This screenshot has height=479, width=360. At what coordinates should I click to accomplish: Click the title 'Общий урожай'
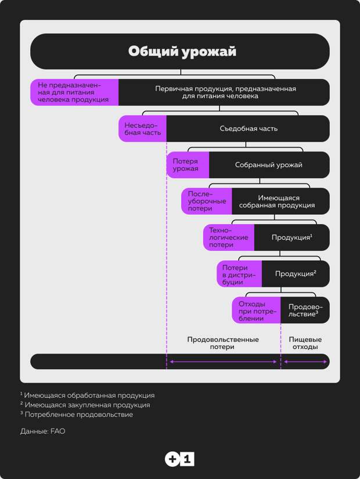pyautogui.click(x=182, y=51)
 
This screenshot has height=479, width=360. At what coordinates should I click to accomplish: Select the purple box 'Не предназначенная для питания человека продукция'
pyautogui.click(x=74, y=92)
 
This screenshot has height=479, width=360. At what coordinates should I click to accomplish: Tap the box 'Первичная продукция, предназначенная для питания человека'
pyautogui.click(x=224, y=92)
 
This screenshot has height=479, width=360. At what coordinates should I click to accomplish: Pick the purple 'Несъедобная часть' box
pyautogui.click(x=142, y=129)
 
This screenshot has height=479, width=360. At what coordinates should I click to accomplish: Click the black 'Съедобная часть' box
pyautogui.click(x=248, y=129)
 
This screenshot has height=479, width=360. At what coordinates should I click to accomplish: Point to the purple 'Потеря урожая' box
pyautogui.click(x=188, y=165)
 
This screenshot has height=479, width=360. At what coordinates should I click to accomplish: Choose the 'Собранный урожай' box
pyautogui.click(x=269, y=165)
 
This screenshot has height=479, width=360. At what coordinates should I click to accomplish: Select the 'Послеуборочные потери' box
pyautogui.click(x=207, y=201)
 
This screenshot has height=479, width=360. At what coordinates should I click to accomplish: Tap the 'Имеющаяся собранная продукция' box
pyautogui.click(x=280, y=201)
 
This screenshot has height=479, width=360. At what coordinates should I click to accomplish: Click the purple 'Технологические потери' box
pyautogui.click(x=229, y=237)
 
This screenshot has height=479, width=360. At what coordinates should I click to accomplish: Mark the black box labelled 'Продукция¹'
pyautogui.click(x=292, y=237)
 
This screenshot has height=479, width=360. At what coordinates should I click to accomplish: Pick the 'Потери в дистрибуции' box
pyautogui.click(x=239, y=273)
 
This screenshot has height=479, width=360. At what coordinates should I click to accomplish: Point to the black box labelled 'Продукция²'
pyautogui.click(x=296, y=273)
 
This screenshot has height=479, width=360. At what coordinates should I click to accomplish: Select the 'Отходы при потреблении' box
pyautogui.click(x=256, y=310)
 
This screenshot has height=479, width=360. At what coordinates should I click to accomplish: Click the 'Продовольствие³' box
pyautogui.click(x=305, y=310)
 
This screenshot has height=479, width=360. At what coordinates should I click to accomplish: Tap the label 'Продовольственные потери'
pyautogui.click(x=223, y=343)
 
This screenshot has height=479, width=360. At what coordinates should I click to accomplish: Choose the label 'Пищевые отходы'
pyautogui.click(x=305, y=343)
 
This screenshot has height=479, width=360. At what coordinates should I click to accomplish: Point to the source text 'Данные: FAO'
pyautogui.click(x=43, y=431)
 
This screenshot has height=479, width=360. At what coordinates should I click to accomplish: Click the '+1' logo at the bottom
pyautogui.click(x=179, y=459)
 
